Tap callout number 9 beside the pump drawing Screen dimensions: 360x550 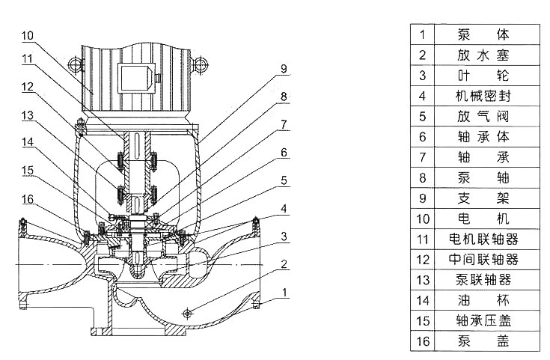click(x=284, y=69)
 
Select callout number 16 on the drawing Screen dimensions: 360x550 click(x=27, y=200)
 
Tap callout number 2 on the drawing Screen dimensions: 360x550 click(x=284, y=263)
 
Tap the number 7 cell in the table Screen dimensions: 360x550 click(x=422, y=157)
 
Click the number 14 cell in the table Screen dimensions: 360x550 click(x=422, y=300)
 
